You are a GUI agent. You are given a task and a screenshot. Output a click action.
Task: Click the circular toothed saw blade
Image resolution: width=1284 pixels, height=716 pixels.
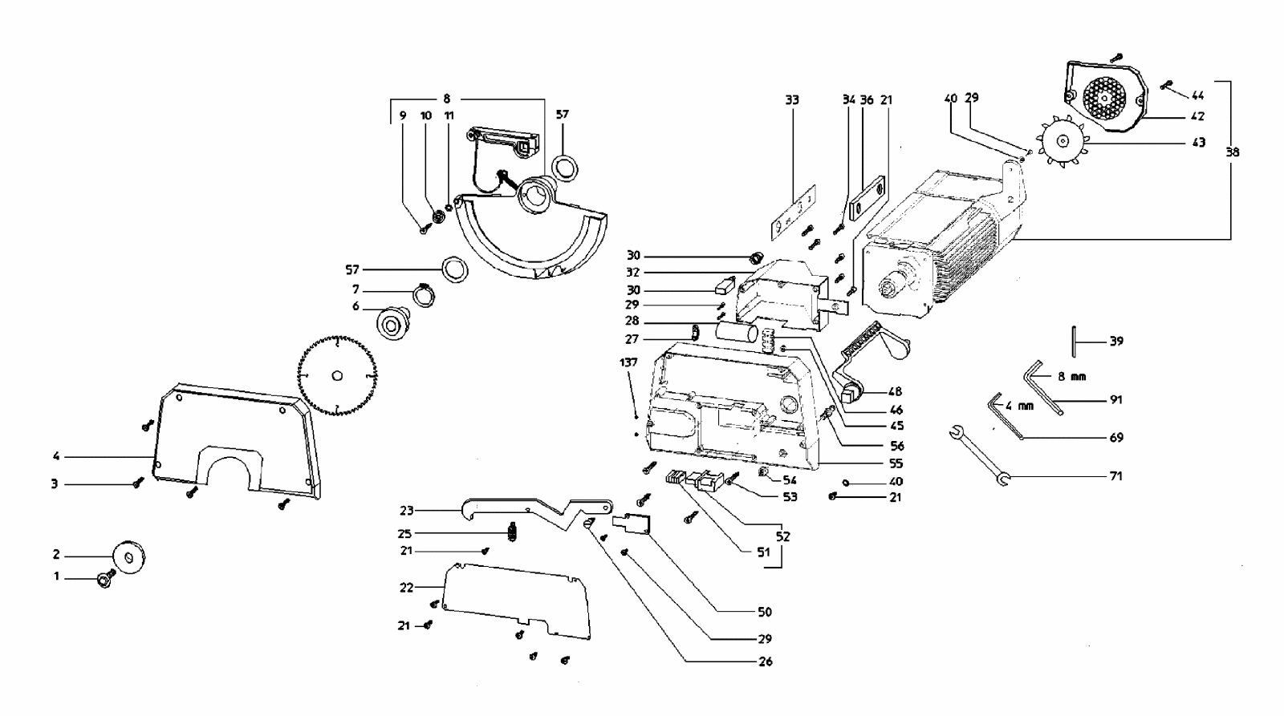coord(338,376)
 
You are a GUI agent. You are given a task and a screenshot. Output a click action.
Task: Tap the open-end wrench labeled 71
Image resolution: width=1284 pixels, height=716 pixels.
coord(980,456)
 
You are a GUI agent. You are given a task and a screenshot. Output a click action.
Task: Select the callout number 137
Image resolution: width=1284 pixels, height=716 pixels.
coord(628,362)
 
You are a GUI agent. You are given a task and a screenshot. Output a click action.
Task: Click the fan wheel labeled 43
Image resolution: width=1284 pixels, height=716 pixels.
coord(1063,141)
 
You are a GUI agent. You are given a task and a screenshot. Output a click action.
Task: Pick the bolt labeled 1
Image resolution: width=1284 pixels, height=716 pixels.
coord(106,580)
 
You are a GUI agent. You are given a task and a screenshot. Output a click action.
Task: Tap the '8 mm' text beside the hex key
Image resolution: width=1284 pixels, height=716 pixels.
coord(1071,377)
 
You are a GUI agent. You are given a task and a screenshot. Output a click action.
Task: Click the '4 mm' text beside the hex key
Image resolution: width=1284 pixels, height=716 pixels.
coord(1019,407)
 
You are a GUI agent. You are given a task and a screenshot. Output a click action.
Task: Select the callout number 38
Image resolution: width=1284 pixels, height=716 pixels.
coord(1233,152)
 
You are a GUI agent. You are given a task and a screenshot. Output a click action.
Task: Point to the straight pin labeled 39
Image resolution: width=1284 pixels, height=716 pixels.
coord(1074,342)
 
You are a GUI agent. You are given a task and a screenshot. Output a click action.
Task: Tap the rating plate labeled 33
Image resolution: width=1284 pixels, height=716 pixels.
coord(794,212)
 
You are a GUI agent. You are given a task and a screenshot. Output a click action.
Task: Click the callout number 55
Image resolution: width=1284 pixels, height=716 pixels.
coord(896,463)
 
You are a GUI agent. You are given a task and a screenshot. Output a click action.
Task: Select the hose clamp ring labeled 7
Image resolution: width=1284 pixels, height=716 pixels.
coord(425,296)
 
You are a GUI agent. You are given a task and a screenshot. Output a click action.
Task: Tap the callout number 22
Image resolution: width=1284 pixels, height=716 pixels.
coord(406,588)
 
